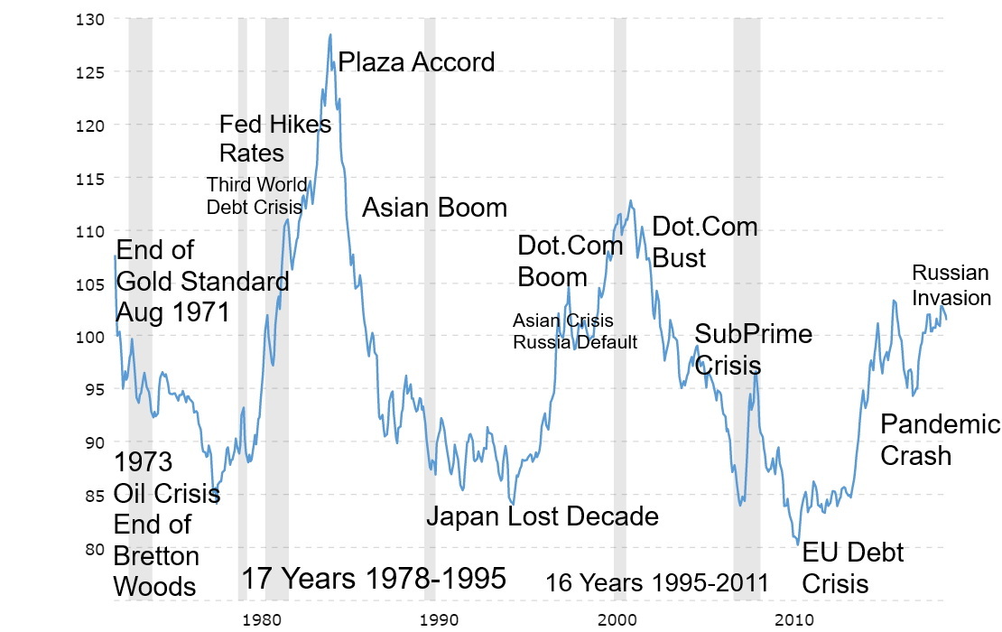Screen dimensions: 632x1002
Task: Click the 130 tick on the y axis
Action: coord(93,19)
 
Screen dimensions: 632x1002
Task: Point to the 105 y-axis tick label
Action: coord(93,283)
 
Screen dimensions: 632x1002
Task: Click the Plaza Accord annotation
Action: coord(416,62)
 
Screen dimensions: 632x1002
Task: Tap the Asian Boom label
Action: coord(434,208)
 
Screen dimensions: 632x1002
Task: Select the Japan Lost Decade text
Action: coord(542,516)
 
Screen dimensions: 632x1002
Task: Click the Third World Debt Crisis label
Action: coord(256,196)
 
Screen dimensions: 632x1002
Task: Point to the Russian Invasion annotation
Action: coord(951,285)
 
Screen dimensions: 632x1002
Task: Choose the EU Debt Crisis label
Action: coord(852,567)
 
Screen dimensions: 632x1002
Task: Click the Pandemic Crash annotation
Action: coord(939,439)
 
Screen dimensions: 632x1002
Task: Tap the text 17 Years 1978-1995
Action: coord(373,579)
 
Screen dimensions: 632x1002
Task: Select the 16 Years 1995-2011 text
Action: coord(656,582)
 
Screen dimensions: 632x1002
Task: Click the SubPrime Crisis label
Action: coord(752,349)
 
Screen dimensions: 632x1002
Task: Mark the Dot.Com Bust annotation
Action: coord(704,242)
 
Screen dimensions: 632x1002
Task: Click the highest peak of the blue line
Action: coord(330,34)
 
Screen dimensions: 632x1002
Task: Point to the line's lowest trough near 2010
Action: coord(798,544)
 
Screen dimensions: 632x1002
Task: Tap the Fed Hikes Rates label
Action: coord(274,137)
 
